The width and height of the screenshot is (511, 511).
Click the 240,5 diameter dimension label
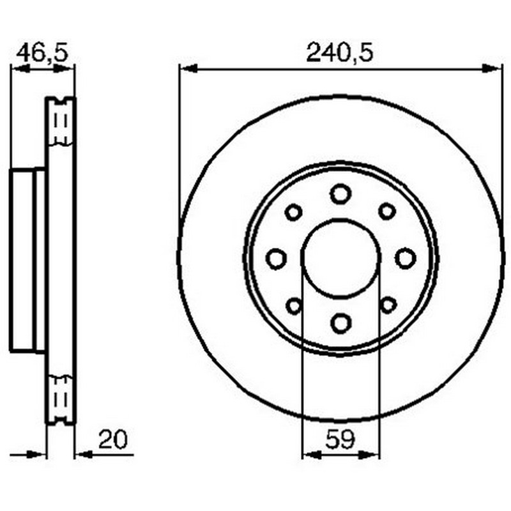339,52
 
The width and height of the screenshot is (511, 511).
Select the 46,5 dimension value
42,53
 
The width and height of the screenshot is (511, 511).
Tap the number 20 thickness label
113,439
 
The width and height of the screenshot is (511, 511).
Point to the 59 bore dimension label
340,439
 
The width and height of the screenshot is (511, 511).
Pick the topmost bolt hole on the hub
340,194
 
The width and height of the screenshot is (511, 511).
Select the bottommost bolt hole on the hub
340,323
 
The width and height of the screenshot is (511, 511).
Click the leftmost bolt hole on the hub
277,259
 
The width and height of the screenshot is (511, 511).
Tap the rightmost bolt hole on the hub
406,258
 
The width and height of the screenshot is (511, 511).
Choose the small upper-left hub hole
293,213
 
